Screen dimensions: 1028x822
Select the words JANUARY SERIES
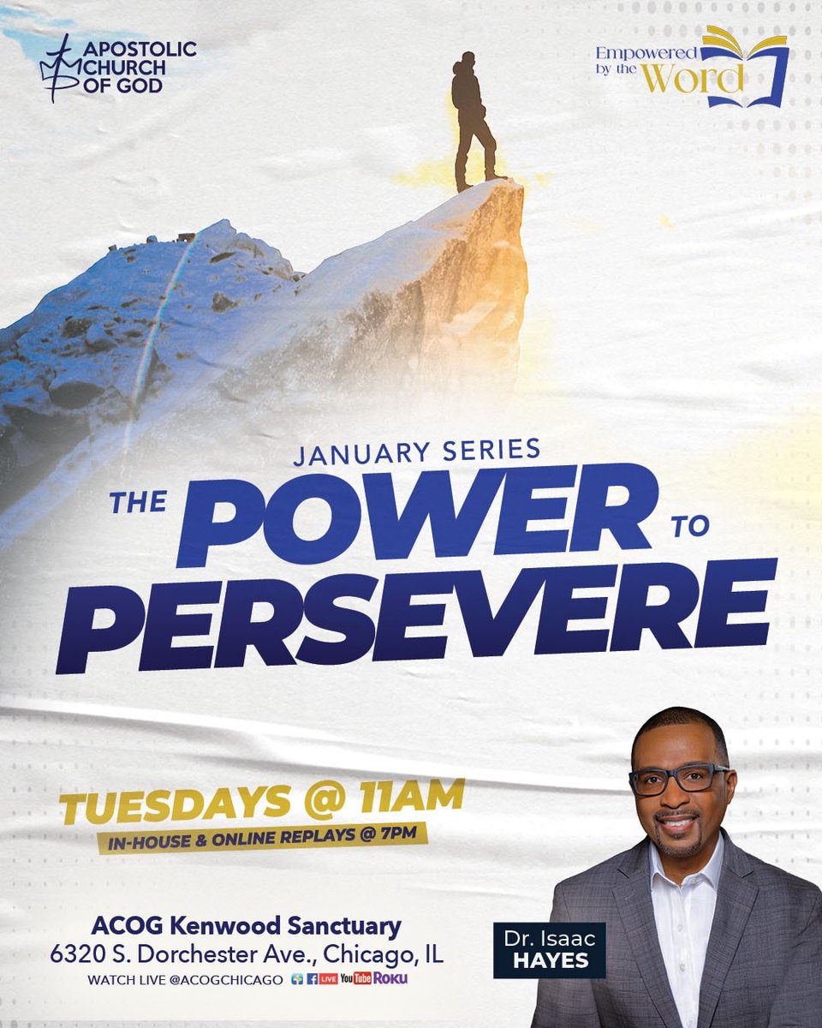tap(416, 451)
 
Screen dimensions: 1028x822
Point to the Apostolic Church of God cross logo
tap(57, 67)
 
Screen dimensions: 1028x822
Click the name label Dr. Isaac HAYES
tap(549, 949)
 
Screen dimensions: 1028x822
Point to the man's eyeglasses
tap(678, 778)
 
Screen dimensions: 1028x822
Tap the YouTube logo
tap(355, 978)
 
